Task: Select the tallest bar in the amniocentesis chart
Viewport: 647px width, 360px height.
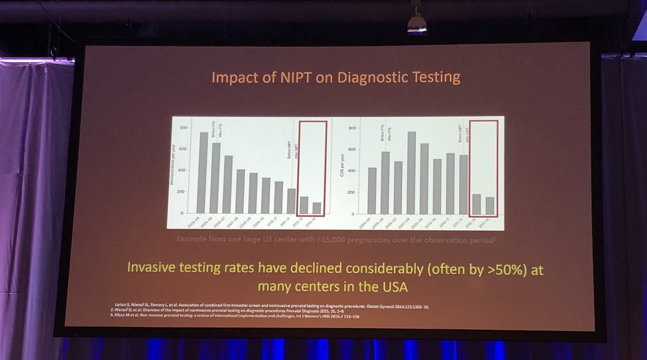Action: click(204, 172)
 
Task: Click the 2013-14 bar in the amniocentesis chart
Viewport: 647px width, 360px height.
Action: click(317, 207)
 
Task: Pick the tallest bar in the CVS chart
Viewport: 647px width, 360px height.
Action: click(411, 172)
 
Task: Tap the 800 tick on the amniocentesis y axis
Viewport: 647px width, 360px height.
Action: click(184, 128)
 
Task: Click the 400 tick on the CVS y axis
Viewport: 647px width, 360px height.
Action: click(352, 171)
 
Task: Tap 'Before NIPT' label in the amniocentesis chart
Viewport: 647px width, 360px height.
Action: click(290, 149)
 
